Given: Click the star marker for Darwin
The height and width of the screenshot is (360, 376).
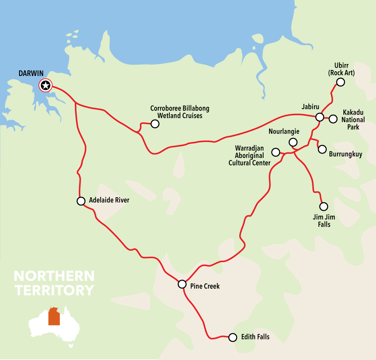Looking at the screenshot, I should (45, 85).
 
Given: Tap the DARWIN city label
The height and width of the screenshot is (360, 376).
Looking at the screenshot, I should (31, 74).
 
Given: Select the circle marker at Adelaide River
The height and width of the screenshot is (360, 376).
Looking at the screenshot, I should (81, 201).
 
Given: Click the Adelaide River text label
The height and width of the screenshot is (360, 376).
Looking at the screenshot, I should (109, 200).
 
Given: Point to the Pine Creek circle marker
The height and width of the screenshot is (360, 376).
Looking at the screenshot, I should (182, 284).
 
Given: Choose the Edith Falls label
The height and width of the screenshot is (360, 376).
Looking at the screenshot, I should (255, 337).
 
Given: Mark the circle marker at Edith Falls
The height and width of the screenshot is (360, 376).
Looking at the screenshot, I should (233, 337).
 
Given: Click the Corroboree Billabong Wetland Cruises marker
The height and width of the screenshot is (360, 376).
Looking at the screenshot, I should (155, 124).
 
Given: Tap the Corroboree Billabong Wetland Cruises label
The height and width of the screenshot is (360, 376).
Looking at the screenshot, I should (180, 112).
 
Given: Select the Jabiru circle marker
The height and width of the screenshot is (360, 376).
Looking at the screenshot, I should (320, 117).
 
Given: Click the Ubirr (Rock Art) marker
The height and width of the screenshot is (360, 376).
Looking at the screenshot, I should (340, 82).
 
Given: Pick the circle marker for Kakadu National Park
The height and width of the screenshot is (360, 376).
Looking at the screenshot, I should (333, 119).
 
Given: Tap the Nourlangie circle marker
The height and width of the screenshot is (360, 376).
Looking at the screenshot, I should (293, 142).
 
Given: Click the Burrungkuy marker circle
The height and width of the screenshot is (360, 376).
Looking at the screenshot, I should (322, 149).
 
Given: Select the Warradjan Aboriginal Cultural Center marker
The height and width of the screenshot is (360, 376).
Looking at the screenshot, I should (275, 152).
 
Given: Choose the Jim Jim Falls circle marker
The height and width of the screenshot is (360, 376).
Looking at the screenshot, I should (324, 206).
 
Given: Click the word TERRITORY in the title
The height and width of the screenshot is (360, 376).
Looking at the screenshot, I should (54, 290).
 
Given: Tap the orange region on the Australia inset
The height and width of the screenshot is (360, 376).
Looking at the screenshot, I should (54, 317).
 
